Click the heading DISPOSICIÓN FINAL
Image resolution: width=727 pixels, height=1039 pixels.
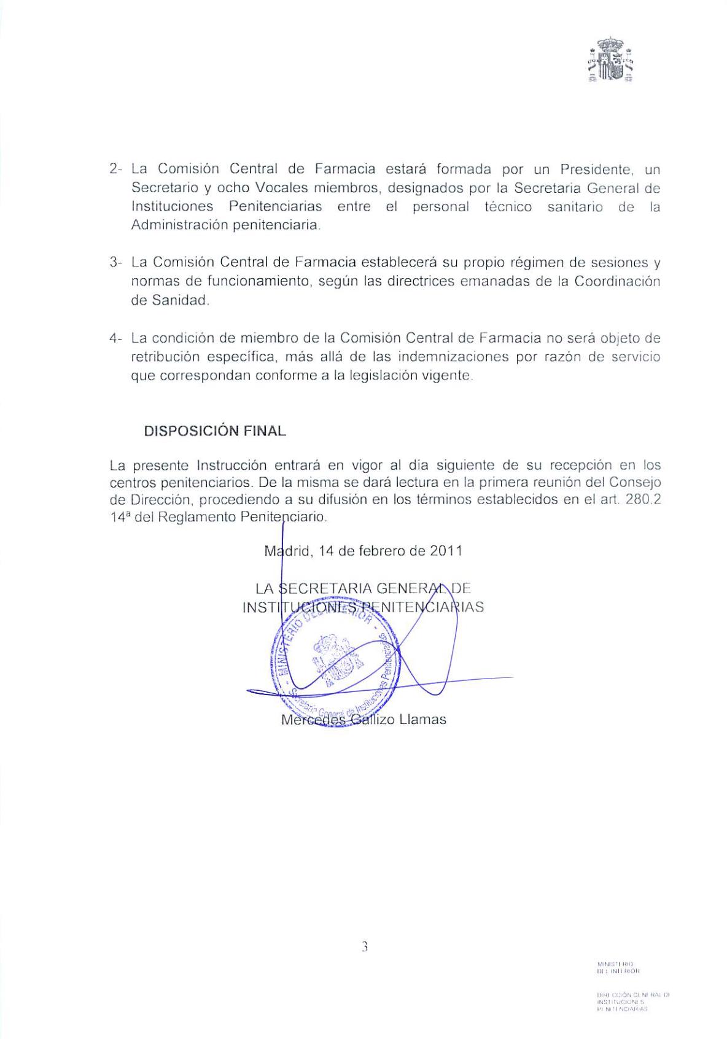point(215,431)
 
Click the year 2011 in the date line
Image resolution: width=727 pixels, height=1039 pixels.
point(446,551)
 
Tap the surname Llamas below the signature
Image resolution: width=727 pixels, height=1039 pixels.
point(422,719)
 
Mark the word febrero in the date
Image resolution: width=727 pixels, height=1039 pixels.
point(379,551)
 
